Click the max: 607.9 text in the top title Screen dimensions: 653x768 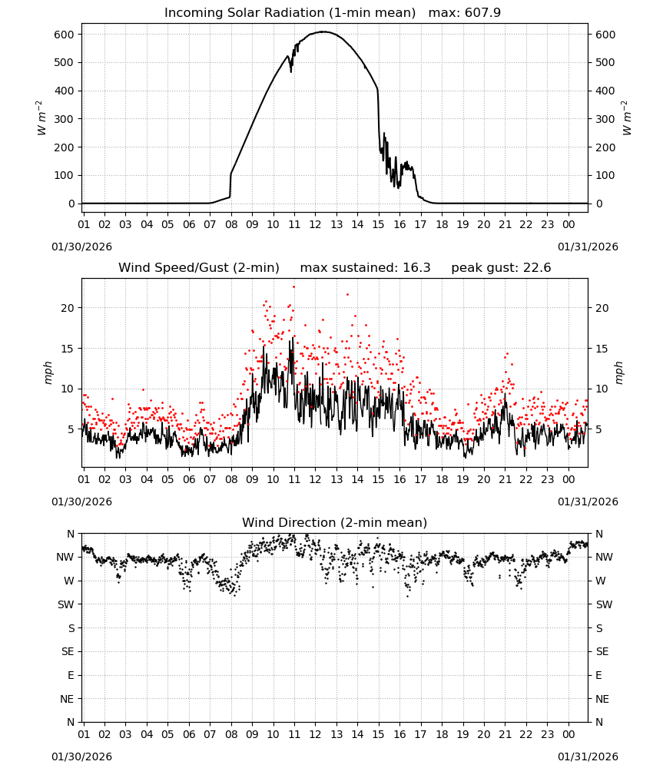[x=465, y=12]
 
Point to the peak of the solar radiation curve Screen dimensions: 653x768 [x=323, y=31]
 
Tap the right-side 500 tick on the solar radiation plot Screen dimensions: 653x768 [x=605, y=63]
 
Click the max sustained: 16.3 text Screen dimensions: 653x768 [x=365, y=268]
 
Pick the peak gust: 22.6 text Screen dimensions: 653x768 [x=501, y=268]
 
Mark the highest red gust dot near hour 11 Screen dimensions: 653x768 [x=294, y=286]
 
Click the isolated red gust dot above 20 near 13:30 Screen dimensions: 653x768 [x=348, y=294]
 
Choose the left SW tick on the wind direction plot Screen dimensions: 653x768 [x=65, y=604]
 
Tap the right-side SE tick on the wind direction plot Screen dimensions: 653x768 [x=602, y=651]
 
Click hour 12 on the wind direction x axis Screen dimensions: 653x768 [x=316, y=734]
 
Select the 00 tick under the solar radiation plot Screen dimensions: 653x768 [x=568, y=224]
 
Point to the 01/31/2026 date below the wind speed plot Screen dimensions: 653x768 [x=588, y=502]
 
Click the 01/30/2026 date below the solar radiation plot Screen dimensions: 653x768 [x=81, y=247]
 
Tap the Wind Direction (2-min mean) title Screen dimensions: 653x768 [x=335, y=522]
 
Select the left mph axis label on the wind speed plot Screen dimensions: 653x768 [x=48, y=372]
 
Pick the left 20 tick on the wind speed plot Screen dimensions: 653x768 [x=68, y=308]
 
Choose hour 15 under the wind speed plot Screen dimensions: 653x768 [x=378, y=479]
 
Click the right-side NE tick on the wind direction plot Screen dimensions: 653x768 [x=602, y=699]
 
